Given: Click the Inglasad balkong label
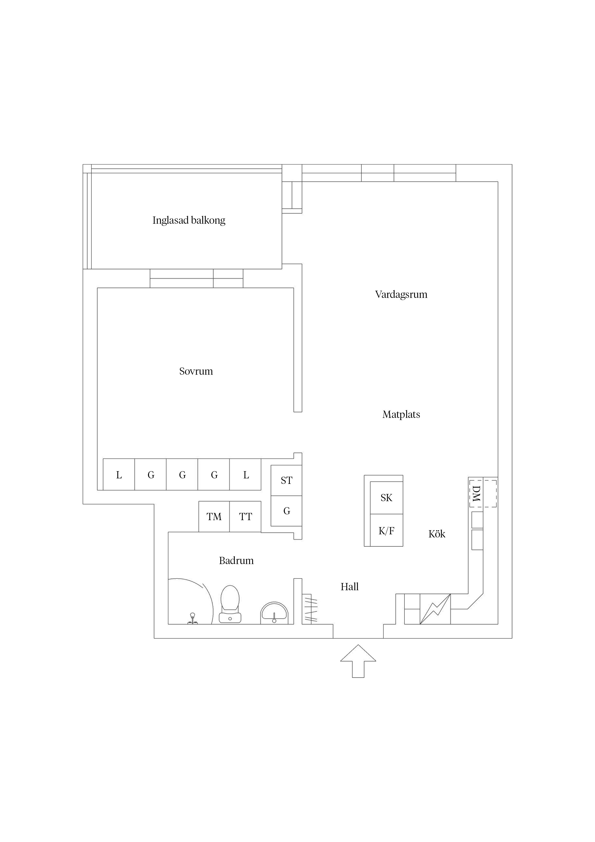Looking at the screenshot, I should click(189, 220).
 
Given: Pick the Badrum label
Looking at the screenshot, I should click(236, 560).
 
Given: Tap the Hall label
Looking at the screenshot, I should click(349, 587).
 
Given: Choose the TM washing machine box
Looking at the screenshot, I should click(214, 517).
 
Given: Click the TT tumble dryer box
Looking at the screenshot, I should click(245, 517).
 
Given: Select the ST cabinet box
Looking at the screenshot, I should click(286, 481).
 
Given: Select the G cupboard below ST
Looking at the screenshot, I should click(286, 511).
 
